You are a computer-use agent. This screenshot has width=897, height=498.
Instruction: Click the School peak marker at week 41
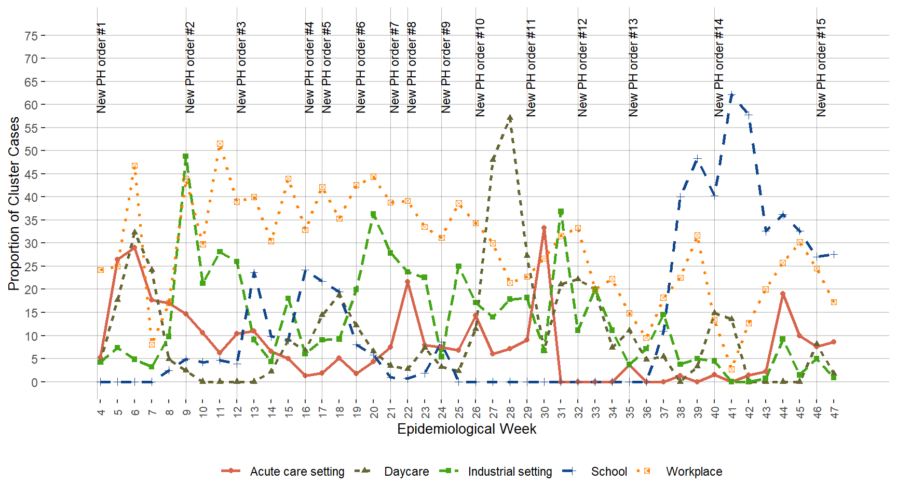tap(731, 95)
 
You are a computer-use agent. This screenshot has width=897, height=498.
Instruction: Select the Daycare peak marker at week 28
tap(510, 118)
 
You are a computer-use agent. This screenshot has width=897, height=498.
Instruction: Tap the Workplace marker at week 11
tap(220, 144)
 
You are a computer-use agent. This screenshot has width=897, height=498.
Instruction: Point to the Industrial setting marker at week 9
tap(185, 156)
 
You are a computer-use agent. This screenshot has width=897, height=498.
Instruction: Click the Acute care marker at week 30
tap(544, 228)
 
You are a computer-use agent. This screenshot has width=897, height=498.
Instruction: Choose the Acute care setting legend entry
tap(283, 472)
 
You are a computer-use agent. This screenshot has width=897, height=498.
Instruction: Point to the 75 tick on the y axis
tap(31, 36)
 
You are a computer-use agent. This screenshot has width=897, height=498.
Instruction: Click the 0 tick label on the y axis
tap(34, 382)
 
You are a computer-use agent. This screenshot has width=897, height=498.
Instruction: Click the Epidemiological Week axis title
tap(466, 429)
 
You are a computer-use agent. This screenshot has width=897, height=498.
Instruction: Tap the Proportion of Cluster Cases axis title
tap(14, 203)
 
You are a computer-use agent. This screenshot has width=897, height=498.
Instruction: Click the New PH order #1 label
tap(101, 67)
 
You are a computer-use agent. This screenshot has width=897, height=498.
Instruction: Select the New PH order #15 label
tap(821, 67)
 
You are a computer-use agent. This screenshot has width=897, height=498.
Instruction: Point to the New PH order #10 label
tap(480, 67)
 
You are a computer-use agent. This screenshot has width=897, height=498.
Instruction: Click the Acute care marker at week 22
tap(407, 282)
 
